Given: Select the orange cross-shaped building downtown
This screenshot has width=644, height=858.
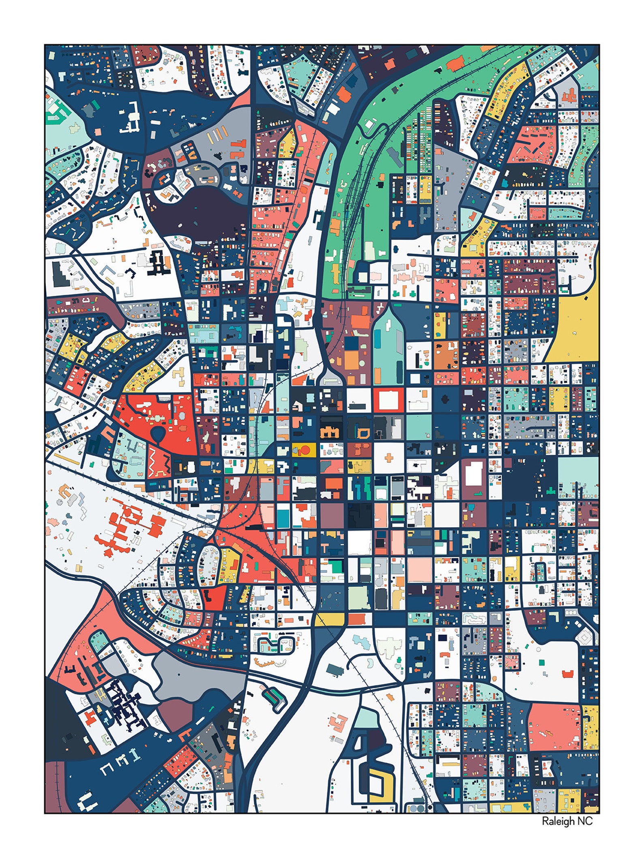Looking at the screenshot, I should (x=389, y=458).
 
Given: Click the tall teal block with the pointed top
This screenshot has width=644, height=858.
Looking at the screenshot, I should (x=387, y=349).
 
